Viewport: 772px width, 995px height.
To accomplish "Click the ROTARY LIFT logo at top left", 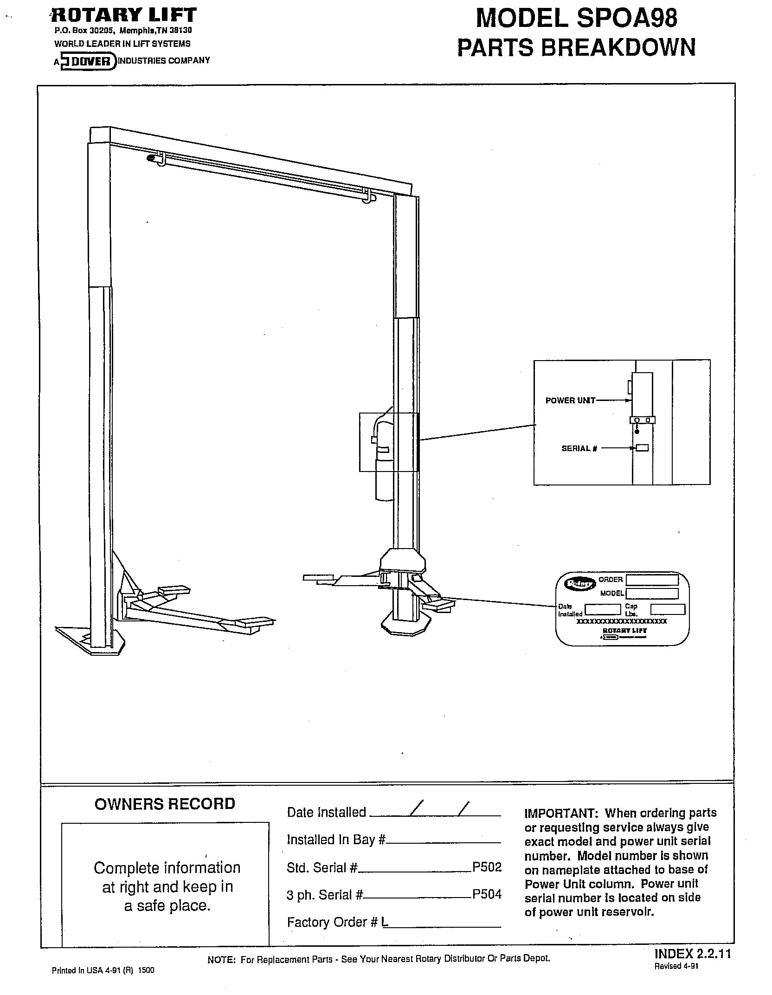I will click(x=124, y=15).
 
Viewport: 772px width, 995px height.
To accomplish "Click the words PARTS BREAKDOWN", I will click(x=576, y=48).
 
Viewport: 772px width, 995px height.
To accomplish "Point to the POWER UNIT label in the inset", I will click(x=570, y=400).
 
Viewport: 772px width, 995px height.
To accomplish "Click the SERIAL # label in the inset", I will click(x=579, y=448).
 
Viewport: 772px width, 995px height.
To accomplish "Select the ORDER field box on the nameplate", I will click(x=652, y=580).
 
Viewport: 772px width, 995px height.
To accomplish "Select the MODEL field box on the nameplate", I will click(x=652, y=594).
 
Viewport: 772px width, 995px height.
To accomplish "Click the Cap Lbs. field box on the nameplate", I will click(x=668, y=609).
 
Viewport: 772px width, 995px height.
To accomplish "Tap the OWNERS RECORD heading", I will click(x=165, y=804).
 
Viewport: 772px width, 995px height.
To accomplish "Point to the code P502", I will click(x=487, y=867).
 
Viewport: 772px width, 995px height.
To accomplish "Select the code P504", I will click(x=487, y=894).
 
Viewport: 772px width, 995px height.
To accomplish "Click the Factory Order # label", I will click(x=333, y=922).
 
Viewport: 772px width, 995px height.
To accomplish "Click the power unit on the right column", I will click(x=384, y=459).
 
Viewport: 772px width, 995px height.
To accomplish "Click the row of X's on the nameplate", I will click(x=621, y=621).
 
